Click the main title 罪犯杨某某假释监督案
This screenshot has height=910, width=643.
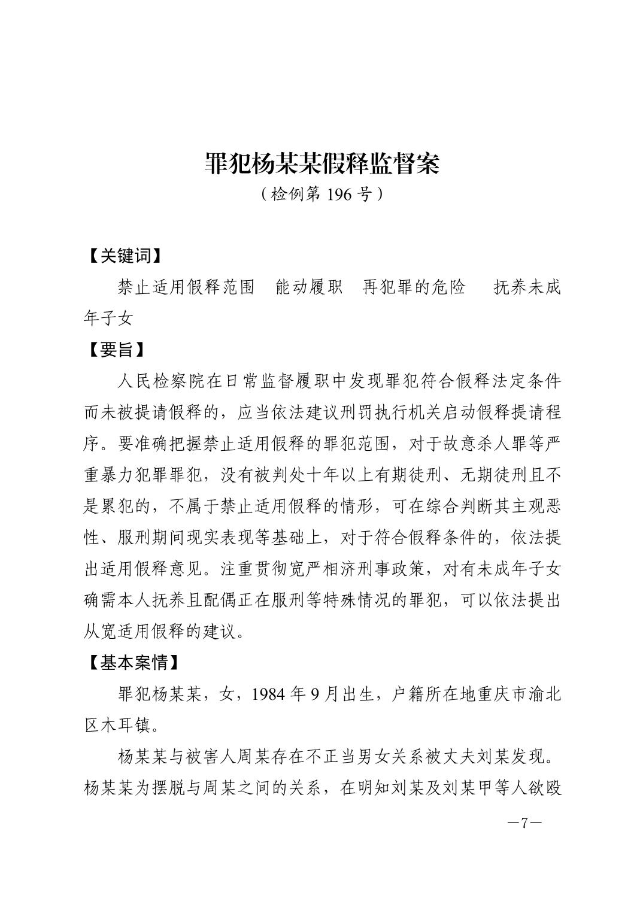(x=321, y=163)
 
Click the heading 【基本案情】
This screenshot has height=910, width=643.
(x=132, y=663)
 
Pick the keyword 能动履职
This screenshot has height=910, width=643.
(x=308, y=287)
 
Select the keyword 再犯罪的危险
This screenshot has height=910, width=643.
(x=414, y=287)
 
